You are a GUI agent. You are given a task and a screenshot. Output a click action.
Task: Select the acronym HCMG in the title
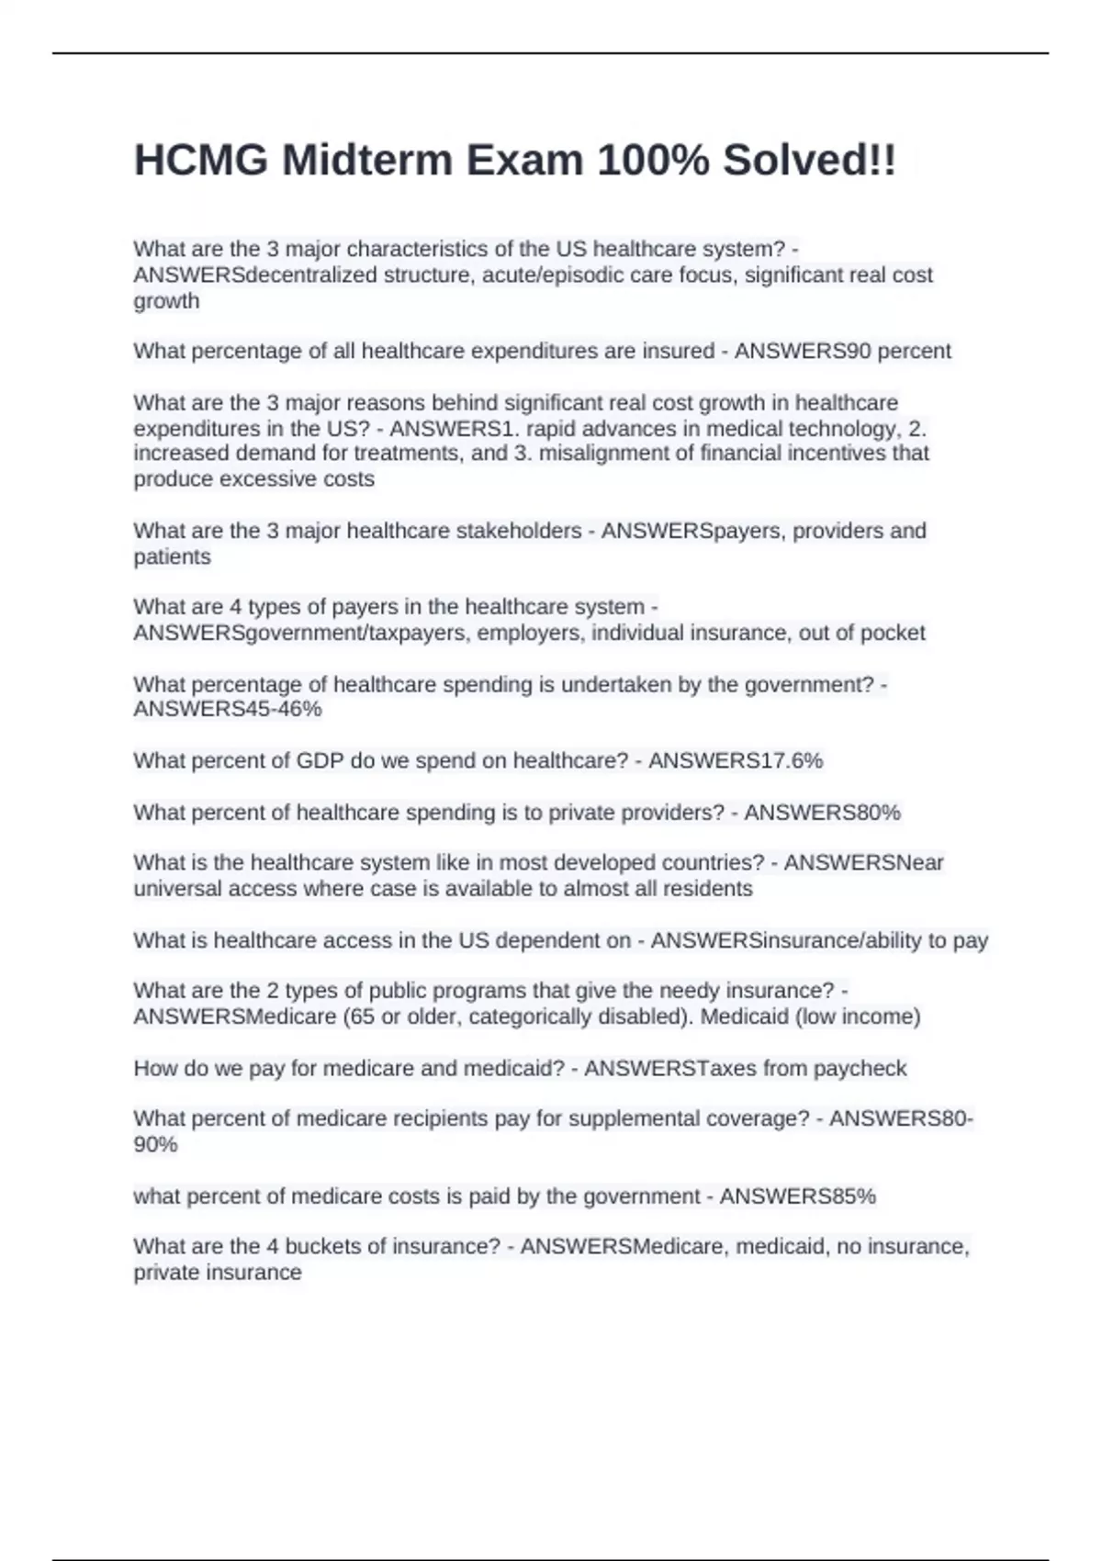point(201,161)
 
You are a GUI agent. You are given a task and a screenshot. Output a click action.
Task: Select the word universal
point(175,888)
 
